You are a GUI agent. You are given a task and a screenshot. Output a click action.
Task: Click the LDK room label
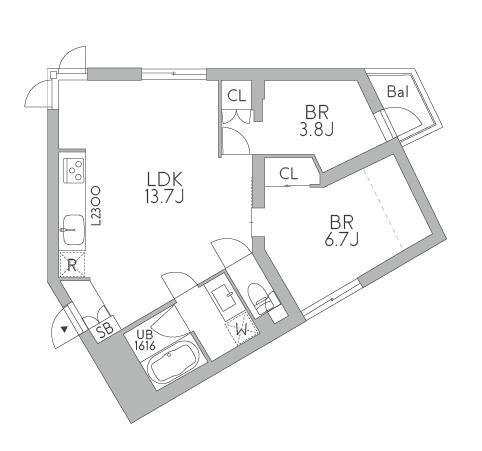[x=165, y=180]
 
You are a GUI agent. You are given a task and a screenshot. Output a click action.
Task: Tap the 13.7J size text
[x=164, y=197]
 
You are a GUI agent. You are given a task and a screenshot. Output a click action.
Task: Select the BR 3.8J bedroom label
[x=317, y=121]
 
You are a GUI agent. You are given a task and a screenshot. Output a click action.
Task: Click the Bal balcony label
[x=398, y=91]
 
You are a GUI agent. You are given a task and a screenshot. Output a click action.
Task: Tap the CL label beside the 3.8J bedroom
[x=236, y=96]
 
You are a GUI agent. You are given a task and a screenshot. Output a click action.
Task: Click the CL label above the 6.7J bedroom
[x=289, y=173]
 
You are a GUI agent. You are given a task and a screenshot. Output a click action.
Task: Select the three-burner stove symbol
[x=74, y=170]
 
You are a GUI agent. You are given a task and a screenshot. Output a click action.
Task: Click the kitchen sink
[x=73, y=229]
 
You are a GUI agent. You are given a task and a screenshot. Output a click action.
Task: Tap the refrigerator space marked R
[x=72, y=265]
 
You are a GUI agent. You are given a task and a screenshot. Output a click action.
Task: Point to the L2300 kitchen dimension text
[x=96, y=206]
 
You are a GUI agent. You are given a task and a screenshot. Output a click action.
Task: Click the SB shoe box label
[x=105, y=330]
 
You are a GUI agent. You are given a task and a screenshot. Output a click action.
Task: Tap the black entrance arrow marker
[x=64, y=330]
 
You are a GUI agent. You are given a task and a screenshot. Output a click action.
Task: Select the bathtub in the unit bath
[x=173, y=364]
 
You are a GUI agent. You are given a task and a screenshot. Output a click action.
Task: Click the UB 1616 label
[x=145, y=340]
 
